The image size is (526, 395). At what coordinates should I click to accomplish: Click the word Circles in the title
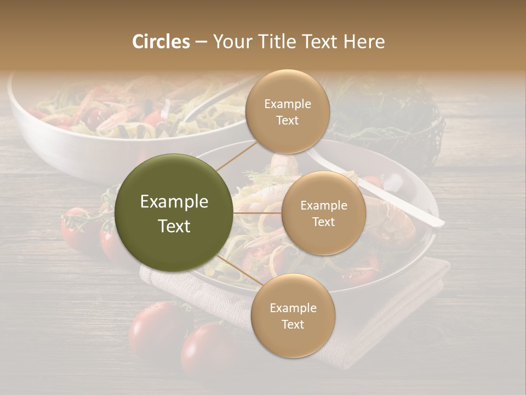161,42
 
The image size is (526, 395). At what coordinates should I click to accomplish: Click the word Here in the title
364,42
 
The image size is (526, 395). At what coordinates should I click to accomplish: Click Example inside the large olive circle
174,202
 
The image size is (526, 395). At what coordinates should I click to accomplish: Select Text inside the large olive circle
174,226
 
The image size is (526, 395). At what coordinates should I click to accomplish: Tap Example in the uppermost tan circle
288,104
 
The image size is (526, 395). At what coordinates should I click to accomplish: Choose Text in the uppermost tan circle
288,120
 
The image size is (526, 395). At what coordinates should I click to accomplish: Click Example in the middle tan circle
324,205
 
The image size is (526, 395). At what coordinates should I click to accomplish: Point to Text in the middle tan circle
324,222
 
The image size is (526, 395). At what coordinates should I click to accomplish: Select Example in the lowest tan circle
293,308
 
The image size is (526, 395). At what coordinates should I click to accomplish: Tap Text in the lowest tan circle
293,324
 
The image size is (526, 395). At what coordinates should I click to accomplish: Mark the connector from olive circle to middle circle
258,213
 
